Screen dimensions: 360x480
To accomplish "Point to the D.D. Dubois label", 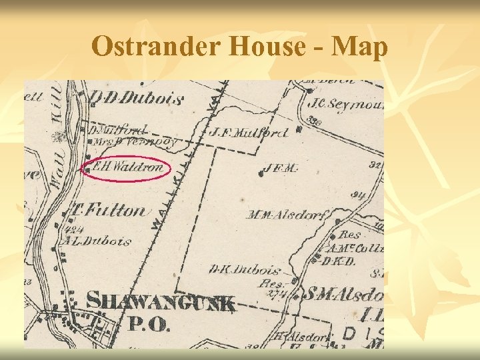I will tap(136, 99).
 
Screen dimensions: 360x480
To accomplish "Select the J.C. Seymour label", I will tap(346, 104).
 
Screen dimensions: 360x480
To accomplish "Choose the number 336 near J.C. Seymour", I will tap(316, 121).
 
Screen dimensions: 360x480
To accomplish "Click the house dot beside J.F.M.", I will tap(259, 173).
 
